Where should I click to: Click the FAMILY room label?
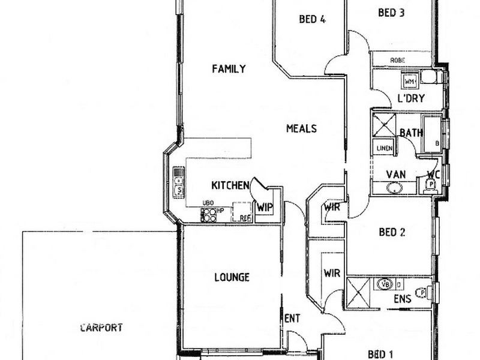coord(229,69)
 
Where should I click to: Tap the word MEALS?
coord(301,128)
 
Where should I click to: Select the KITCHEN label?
coord(230,185)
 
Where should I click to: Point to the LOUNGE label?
coord(232,277)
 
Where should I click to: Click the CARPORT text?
coord(101,328)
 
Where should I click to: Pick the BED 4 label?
coord(312,19)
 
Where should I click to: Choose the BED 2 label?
coord(392,232)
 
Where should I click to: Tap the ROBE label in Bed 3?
coord(397,61)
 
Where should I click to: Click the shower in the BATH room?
coord(385,125)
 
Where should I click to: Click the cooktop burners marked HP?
coord(209,215)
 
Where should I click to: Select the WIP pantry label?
coord(265,208)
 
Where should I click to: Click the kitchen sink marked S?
coord(179,191)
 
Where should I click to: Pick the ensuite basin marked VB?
coord(386,284)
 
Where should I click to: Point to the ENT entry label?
coord(292,318)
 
